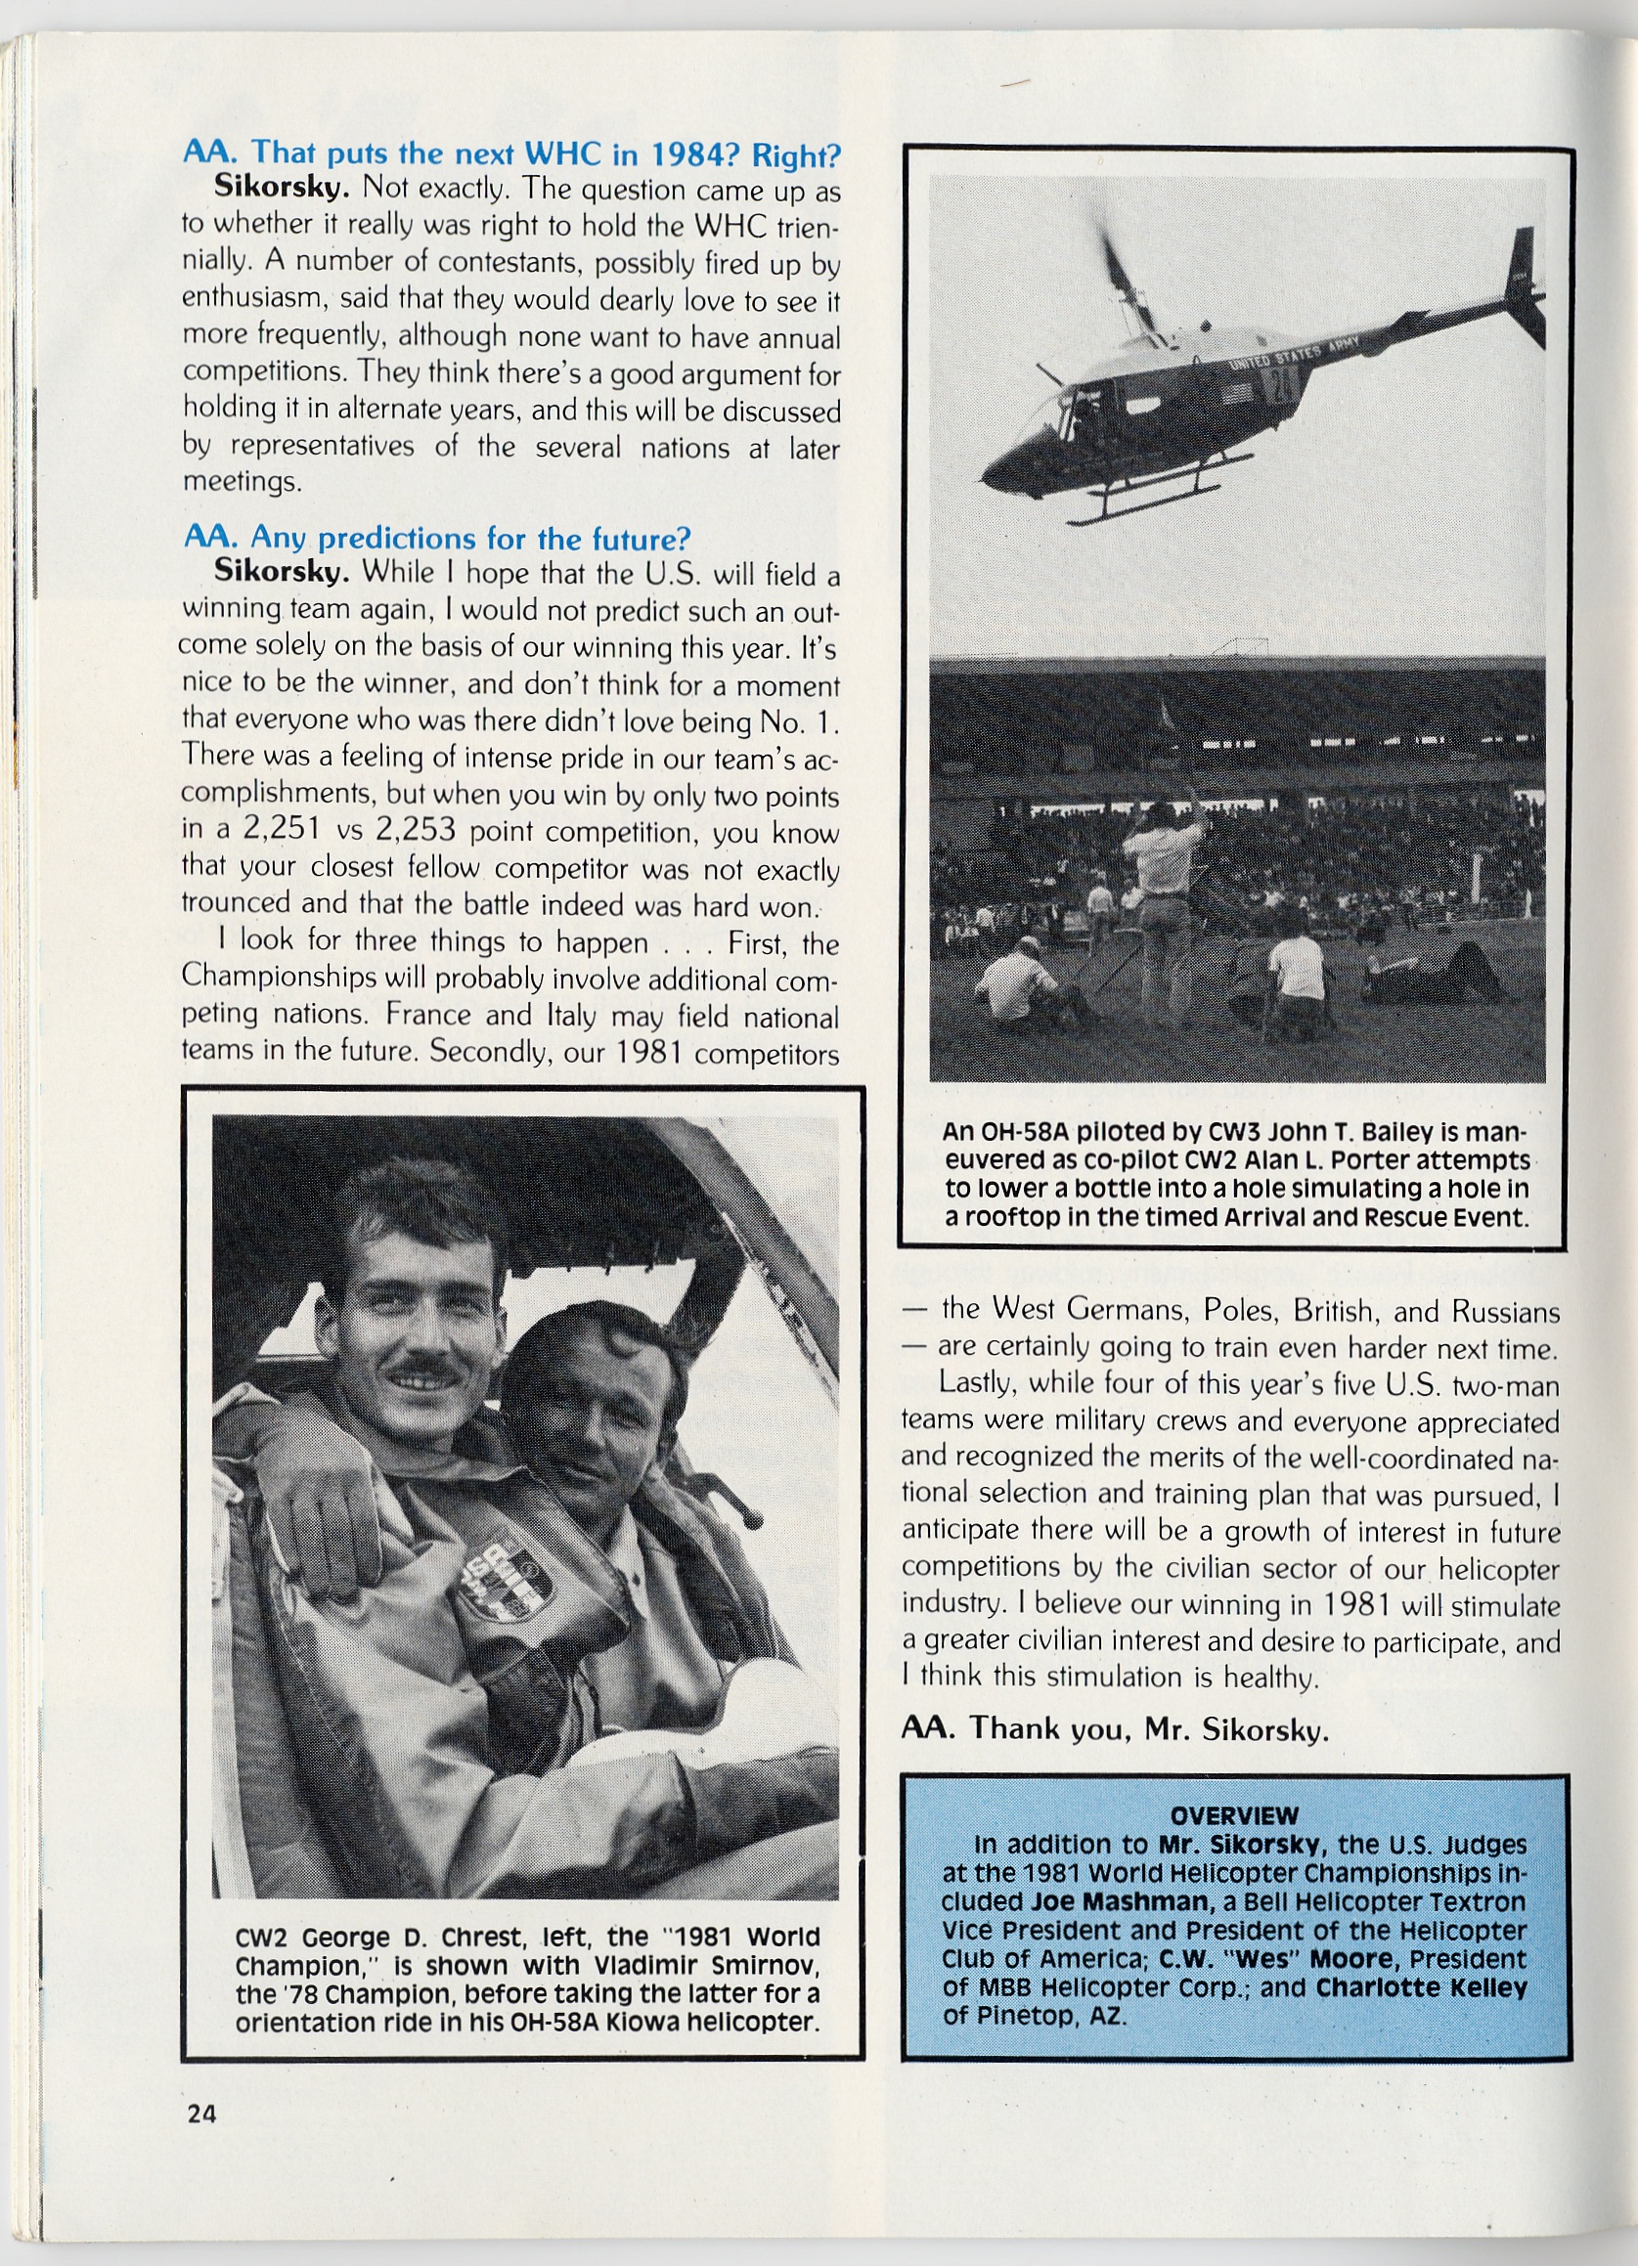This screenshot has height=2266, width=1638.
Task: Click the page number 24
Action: click(x=200, y=2113)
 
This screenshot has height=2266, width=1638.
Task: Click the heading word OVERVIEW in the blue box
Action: click(x=1234, y=1815)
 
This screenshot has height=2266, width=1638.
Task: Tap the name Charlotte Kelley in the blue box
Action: click(x=1421, y=1987)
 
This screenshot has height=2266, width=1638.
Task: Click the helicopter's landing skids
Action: click(x=1159, y=497)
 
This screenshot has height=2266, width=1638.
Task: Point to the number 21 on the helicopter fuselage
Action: click(x=1280, y=384)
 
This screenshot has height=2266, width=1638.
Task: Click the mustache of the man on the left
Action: click(x=425, y=1368)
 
